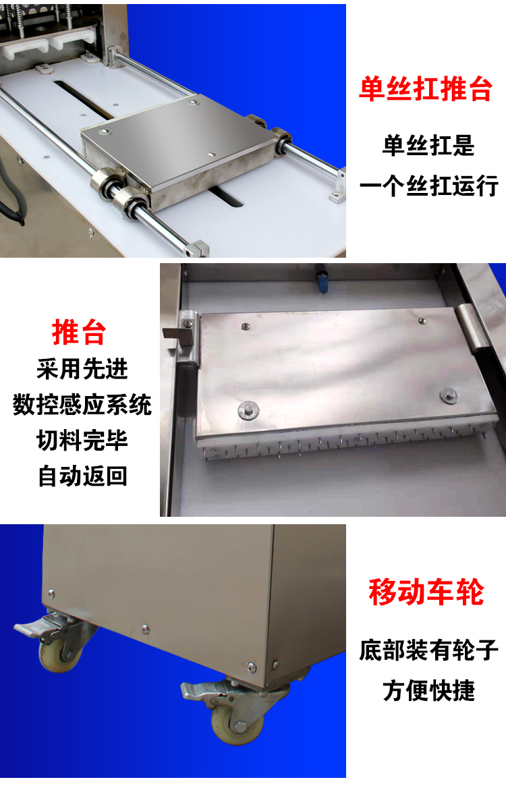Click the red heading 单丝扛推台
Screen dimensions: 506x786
(x=426, y=89)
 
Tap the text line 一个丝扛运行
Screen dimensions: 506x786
(x=429, y=186)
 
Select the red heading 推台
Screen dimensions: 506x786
(x=79, y=332)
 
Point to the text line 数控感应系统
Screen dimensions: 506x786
(x=82, y=405)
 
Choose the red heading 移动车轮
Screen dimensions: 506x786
(x=426, y=592)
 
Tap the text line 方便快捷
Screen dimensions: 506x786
(x=429, y=690)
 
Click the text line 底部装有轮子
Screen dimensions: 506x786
(x=429, y=650)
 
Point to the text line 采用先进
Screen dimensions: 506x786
(x=82, y=369)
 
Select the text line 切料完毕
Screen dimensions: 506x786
(x=82, y=440)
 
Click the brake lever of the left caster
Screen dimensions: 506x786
(x=30, y=627)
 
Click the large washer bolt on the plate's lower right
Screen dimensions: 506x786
(x=449, y=395)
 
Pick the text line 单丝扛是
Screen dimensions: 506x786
(x=429, y=146)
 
